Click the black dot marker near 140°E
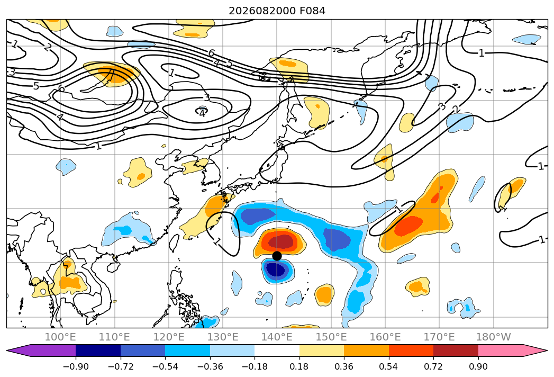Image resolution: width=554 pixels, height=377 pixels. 277,256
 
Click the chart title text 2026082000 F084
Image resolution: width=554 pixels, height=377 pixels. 277,11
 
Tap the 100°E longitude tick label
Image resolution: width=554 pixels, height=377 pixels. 60,337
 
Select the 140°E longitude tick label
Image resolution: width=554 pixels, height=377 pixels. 277,337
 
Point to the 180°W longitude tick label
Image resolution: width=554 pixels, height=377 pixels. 494,337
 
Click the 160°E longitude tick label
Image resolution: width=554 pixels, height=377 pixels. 385,337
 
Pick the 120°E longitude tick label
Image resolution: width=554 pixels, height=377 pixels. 169,337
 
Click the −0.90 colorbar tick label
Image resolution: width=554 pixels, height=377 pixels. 76,366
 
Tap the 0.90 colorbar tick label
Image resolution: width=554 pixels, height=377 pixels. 478,366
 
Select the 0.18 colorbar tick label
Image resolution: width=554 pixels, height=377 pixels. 299,366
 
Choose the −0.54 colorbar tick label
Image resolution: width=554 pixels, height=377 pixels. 165,366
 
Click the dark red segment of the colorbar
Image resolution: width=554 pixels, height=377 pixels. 456,351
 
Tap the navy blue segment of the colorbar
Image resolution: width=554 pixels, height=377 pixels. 98,351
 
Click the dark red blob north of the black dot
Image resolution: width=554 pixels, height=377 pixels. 281,242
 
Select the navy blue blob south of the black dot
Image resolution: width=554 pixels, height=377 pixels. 276,271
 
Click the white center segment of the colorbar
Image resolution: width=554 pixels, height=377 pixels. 277,351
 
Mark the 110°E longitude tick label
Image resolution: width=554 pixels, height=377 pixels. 114,337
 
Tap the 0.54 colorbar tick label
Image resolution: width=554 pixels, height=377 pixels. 389,366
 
